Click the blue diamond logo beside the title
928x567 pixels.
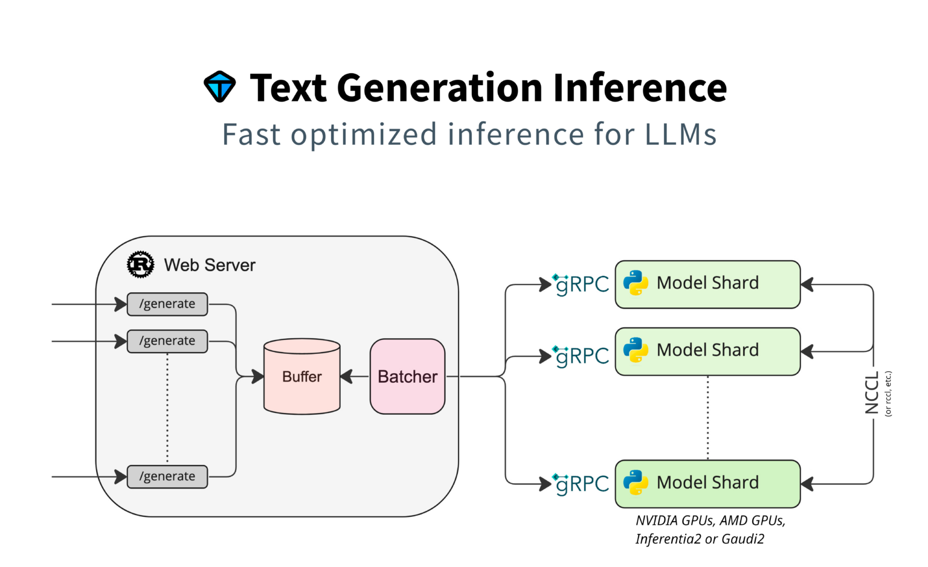219,87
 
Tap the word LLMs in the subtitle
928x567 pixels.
680,134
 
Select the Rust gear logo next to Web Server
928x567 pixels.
140,264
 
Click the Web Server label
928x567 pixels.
210,265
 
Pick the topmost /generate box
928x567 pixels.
167,304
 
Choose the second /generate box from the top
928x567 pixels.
167,341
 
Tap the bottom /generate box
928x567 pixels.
167,476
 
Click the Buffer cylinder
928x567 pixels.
302,377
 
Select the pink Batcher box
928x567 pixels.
407,377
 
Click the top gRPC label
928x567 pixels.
581,284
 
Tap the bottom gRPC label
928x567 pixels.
581,484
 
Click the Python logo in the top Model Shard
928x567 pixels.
636,283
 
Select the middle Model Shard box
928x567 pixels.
707,351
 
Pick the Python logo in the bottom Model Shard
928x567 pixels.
636,482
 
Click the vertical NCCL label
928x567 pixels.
872,393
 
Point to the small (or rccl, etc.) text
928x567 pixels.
888,393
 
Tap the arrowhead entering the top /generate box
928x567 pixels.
121,304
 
